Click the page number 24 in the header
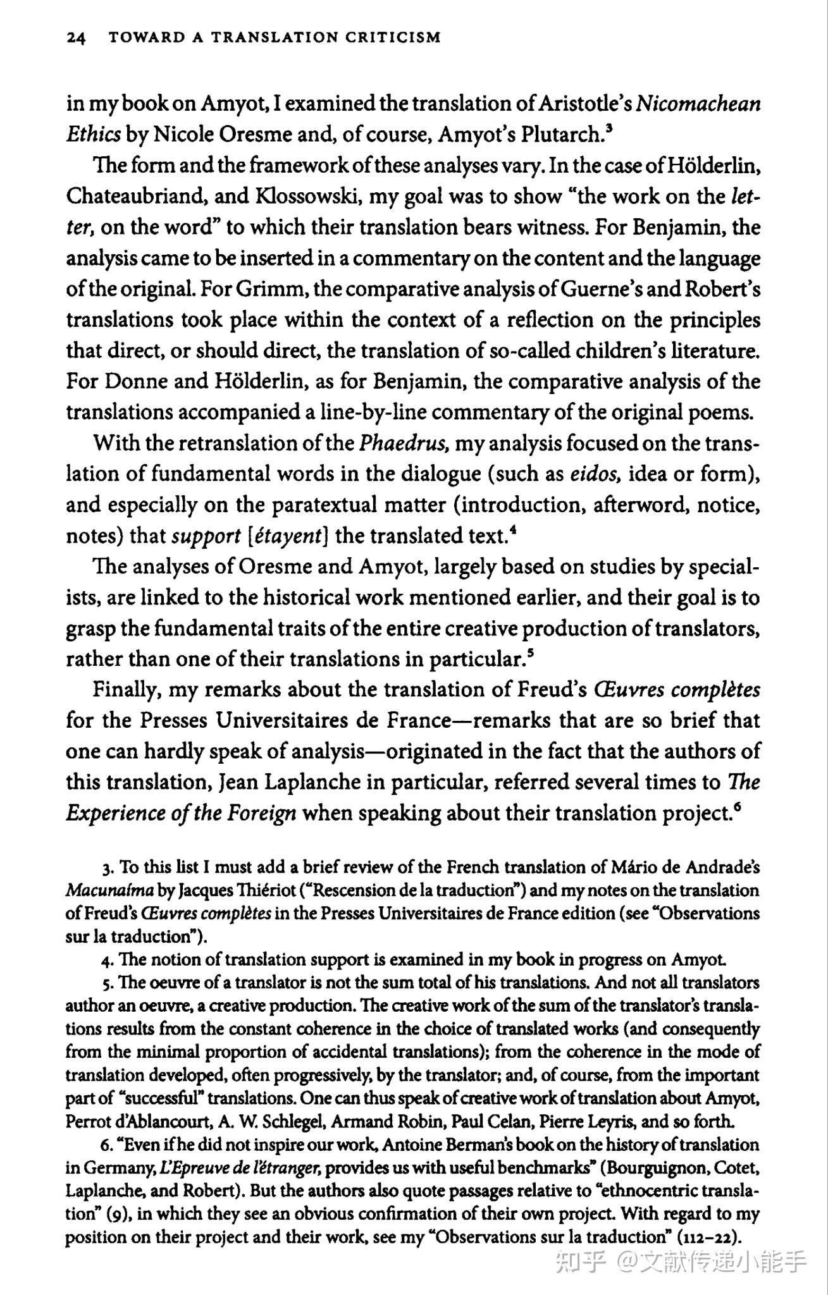pos(76,37)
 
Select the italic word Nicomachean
pos(698,103)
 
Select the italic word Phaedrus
pos(404,443)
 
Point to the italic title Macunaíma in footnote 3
pos(109,891)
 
